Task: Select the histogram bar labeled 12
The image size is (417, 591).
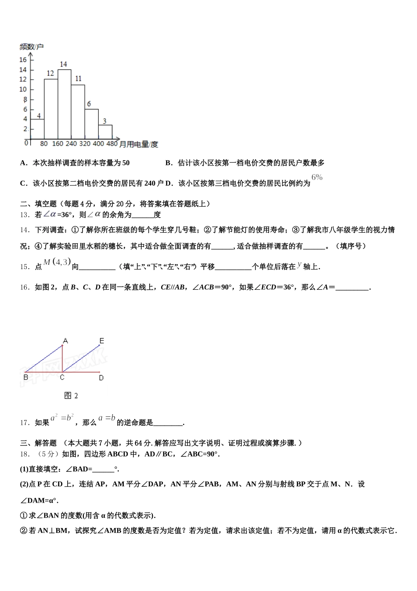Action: tap(51, 109)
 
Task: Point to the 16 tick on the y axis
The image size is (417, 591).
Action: tap(23, 60)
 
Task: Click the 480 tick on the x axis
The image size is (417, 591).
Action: tap(112, 144)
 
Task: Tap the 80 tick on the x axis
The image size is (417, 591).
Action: tap(44, 144)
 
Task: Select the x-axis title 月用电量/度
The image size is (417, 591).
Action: tap(139, 144)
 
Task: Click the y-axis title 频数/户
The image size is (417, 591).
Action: tap(32, 47)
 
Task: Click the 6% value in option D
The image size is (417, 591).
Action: tap(317, 177)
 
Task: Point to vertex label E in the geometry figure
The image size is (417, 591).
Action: tap(102, 340)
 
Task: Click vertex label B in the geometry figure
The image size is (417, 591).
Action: tap(26, 377)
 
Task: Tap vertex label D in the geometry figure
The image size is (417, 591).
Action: tap(101, 377)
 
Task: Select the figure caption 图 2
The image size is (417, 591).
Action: tap(71, 395)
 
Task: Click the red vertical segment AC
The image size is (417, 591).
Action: tap(62, 358)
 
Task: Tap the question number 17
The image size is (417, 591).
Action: tap(25, 423)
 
